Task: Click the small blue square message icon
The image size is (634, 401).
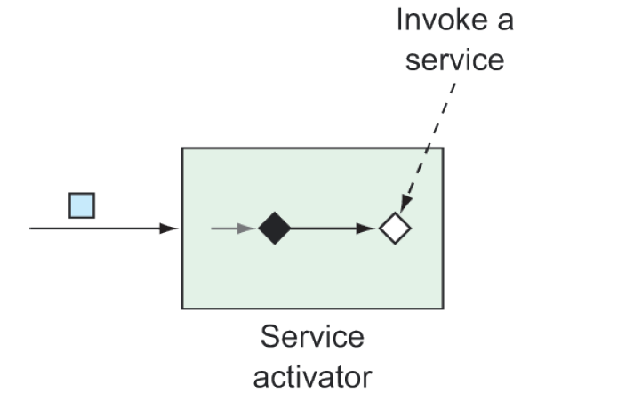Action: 82,205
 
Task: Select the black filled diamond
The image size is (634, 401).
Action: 275,229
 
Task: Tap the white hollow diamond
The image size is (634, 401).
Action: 394,229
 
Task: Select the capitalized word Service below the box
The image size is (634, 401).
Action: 312,338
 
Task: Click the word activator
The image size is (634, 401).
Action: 312,376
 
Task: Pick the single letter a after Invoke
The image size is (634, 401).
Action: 504,20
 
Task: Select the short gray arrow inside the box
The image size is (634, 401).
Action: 231,229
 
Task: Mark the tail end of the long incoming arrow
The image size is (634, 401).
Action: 32,229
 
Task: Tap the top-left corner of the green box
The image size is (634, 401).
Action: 182,148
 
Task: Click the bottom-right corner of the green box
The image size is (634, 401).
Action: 443,309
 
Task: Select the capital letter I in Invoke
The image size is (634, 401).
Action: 400,20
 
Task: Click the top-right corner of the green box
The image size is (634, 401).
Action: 443,148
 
